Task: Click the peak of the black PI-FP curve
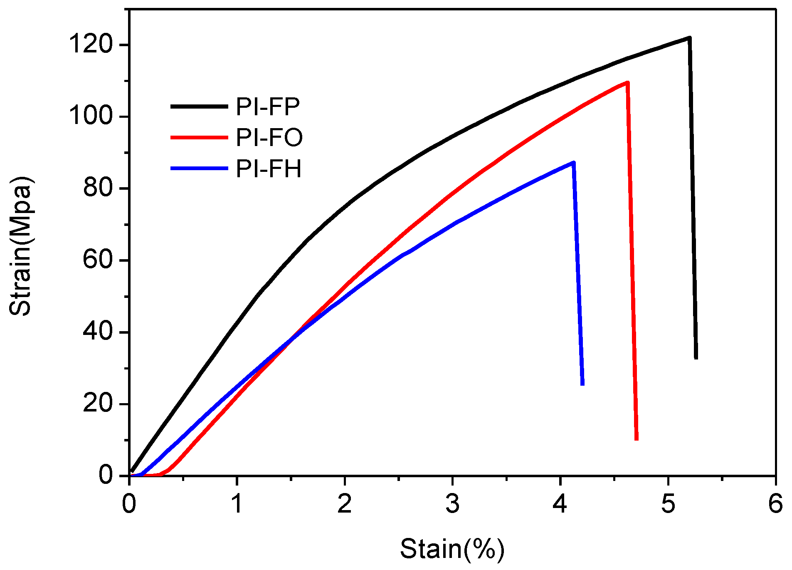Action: [x=689, y=38]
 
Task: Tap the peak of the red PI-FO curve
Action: [x=627, y=82]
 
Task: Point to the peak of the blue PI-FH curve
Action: [x=574, y=162]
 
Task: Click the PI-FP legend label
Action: [x=268, y=107]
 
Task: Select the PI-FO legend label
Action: [x=269, y=137]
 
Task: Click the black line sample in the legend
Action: [x=199, y=107]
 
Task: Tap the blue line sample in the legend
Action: [x=199, y=169]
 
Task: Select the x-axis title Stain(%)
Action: [x=452, y=548]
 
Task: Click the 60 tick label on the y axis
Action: [x=98, y=260]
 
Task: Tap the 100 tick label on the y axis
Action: [x=91, y=116]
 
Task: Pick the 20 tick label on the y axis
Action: [x=98, y=404]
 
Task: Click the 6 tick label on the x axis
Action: [x=775, y=504]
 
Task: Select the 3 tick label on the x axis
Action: [x=452, y=504]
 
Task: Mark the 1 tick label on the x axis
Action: [x=237, y=504]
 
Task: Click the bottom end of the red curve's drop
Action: [x=637, y=439]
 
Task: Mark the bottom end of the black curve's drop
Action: [x=696, y=358]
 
